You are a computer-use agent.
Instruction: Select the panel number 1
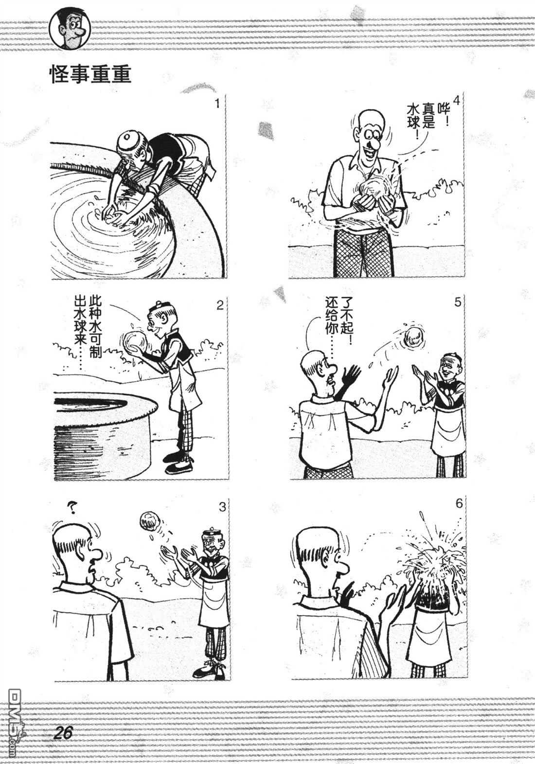click(x=218, y=103)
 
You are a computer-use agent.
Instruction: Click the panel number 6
click(x=459, y=503)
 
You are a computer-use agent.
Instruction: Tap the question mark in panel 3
click(x=71, y=509)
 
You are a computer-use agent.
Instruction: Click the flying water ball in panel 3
click(x=150, y=521)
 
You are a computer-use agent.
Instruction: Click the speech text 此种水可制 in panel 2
click(x=95, y=327)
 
